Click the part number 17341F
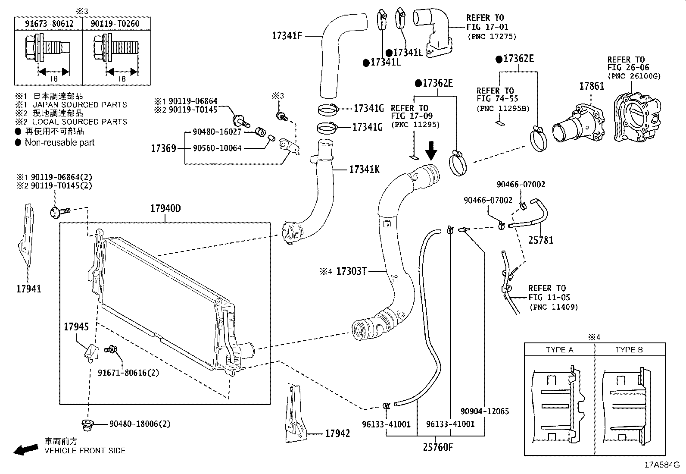[287, 36]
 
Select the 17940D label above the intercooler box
[165, 209]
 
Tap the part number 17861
[591, 86]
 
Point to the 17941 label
[28, 289]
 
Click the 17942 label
[337, 433]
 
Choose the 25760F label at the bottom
[438, 447]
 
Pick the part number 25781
[541, 240]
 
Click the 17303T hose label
[351, 271]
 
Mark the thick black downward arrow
[431, 151]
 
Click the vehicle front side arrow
[25, 450]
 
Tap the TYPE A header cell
[559, 350]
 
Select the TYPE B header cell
[629, 350]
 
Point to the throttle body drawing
[636, 116]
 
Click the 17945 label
[76, 327]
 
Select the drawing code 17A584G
[662, 465]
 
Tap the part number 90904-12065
[485, 411]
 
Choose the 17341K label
[364, 170]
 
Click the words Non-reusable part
[59, 142]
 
